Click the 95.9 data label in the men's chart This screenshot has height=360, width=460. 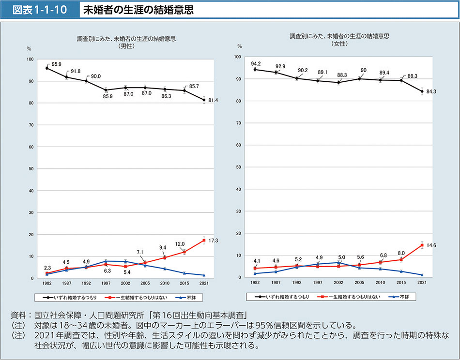pos(56,64)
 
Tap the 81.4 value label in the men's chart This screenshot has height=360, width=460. pos(213,100)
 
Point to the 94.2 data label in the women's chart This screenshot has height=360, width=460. pos(256,64)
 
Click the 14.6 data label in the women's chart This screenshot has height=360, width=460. pos(431,245)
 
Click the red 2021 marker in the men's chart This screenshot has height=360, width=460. pos(204,240)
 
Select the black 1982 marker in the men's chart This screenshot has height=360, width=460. pos(46,68)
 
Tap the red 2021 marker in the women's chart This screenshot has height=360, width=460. pos(422,245)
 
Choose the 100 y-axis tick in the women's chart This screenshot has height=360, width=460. pos(237,57)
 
